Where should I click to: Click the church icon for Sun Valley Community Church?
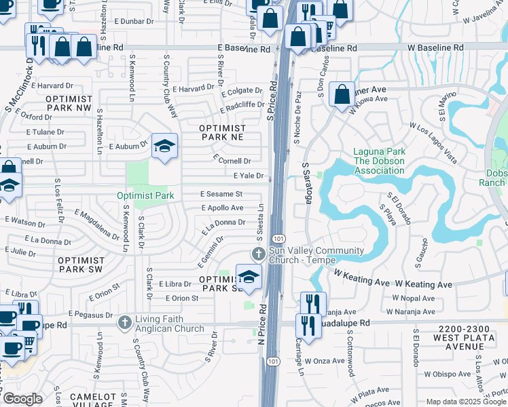coord(258,254)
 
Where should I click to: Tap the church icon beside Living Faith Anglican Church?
coord(125,322)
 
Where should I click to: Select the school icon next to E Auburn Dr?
coord(164,147)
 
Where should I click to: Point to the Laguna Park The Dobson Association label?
coord(379,161)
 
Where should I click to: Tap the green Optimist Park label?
coord(145,195)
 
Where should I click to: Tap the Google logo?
coord(22,399)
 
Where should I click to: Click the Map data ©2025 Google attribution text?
coord(466,402)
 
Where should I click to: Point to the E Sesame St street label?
coord(221,194)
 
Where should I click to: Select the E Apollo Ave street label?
coord(221,208)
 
